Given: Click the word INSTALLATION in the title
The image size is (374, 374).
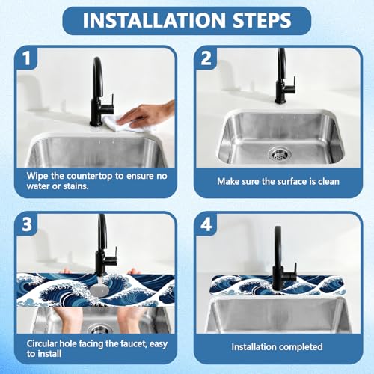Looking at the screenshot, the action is [155, 20].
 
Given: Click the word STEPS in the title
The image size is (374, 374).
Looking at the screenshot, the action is [262, 20].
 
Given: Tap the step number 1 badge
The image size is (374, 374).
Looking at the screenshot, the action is [27, 58].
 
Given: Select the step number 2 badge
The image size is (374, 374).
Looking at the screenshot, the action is [206, 58].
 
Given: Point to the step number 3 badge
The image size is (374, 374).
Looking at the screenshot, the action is [27, 224].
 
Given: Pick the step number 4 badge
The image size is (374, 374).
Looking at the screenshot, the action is [206, 224].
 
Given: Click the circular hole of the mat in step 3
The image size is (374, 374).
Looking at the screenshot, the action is [99, 289].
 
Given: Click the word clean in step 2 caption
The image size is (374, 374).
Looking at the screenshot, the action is [328, 181].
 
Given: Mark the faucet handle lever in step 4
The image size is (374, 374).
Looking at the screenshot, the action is [295, 270].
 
